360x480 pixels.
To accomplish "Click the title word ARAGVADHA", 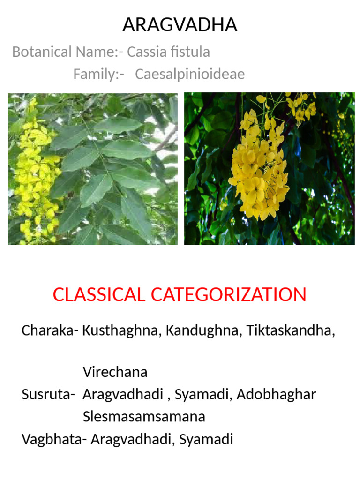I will click(180, 25).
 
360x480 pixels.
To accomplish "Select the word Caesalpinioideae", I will click(190, 74).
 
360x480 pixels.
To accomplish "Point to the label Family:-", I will click(98, 74).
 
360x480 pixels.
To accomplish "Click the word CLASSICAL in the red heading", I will click(99, 295).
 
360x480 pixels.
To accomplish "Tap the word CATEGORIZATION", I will click(229, 295).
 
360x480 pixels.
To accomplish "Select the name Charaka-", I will click(50, 330).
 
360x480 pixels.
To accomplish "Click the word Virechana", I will click(115, 372).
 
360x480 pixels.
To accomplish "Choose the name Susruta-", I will click(48, 394).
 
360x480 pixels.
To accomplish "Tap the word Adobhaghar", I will click(276, 394).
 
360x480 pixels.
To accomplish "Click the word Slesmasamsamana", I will click(144, 416).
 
